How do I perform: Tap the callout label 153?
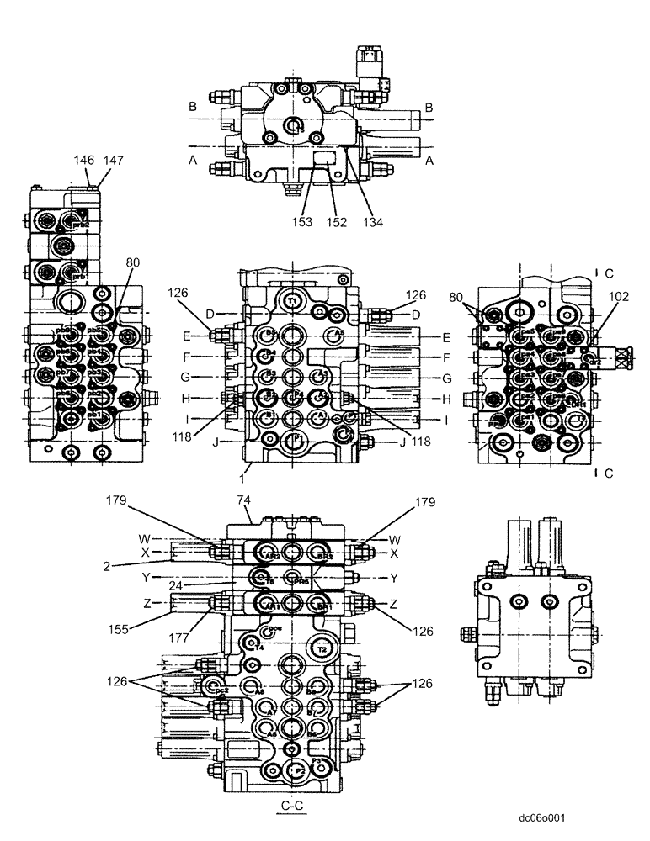pos(303,224)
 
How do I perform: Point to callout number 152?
pos(337,224)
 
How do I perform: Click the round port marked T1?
pos(293,300)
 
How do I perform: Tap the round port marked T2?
pos(321,649)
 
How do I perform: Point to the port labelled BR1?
pos(321,606)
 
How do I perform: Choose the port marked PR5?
pos(292,579)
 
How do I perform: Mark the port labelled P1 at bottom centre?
pos(293,439)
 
